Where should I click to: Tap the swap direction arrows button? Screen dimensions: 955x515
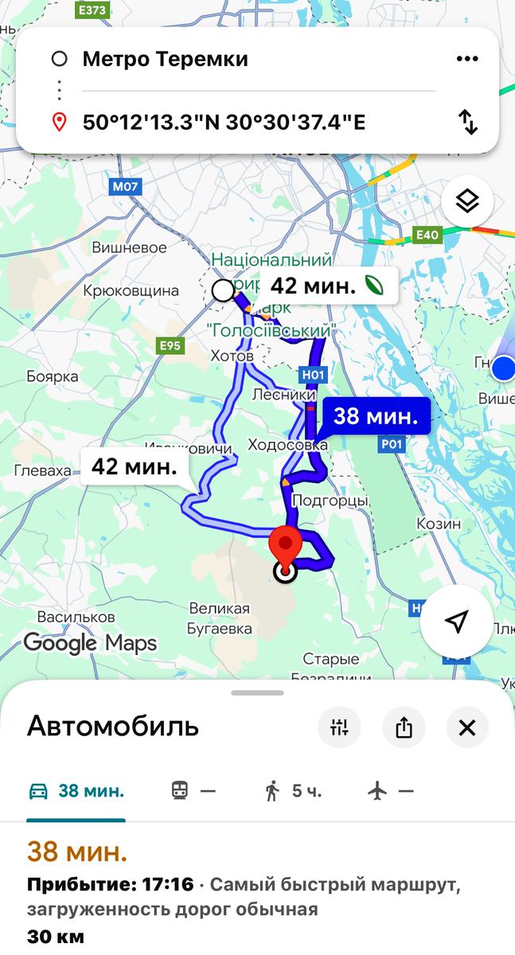coord(468,122)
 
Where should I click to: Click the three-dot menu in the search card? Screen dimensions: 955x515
coord(467,59)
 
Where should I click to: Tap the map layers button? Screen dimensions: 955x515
coord(467,201)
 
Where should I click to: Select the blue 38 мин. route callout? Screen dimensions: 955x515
coord(376,416)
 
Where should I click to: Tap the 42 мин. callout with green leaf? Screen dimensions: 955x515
coord(329,286)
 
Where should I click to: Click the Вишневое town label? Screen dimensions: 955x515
coord(129,248)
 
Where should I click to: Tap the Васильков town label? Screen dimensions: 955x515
coord(76,617)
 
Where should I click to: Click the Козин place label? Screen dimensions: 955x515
coord(437,524)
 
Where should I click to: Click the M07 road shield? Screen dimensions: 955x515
coord(125,187)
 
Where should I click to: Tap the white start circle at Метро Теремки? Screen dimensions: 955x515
coord(224,290)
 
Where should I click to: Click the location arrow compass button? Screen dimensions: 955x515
coord(456,622)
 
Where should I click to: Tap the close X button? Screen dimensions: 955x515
coord(467,727)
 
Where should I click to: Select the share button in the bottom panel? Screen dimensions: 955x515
coord(404,727)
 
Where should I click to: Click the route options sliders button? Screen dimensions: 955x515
coord(340,727)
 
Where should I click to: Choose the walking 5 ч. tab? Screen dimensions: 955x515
coord(294,791)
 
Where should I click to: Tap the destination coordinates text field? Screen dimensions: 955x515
coord(224,123)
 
